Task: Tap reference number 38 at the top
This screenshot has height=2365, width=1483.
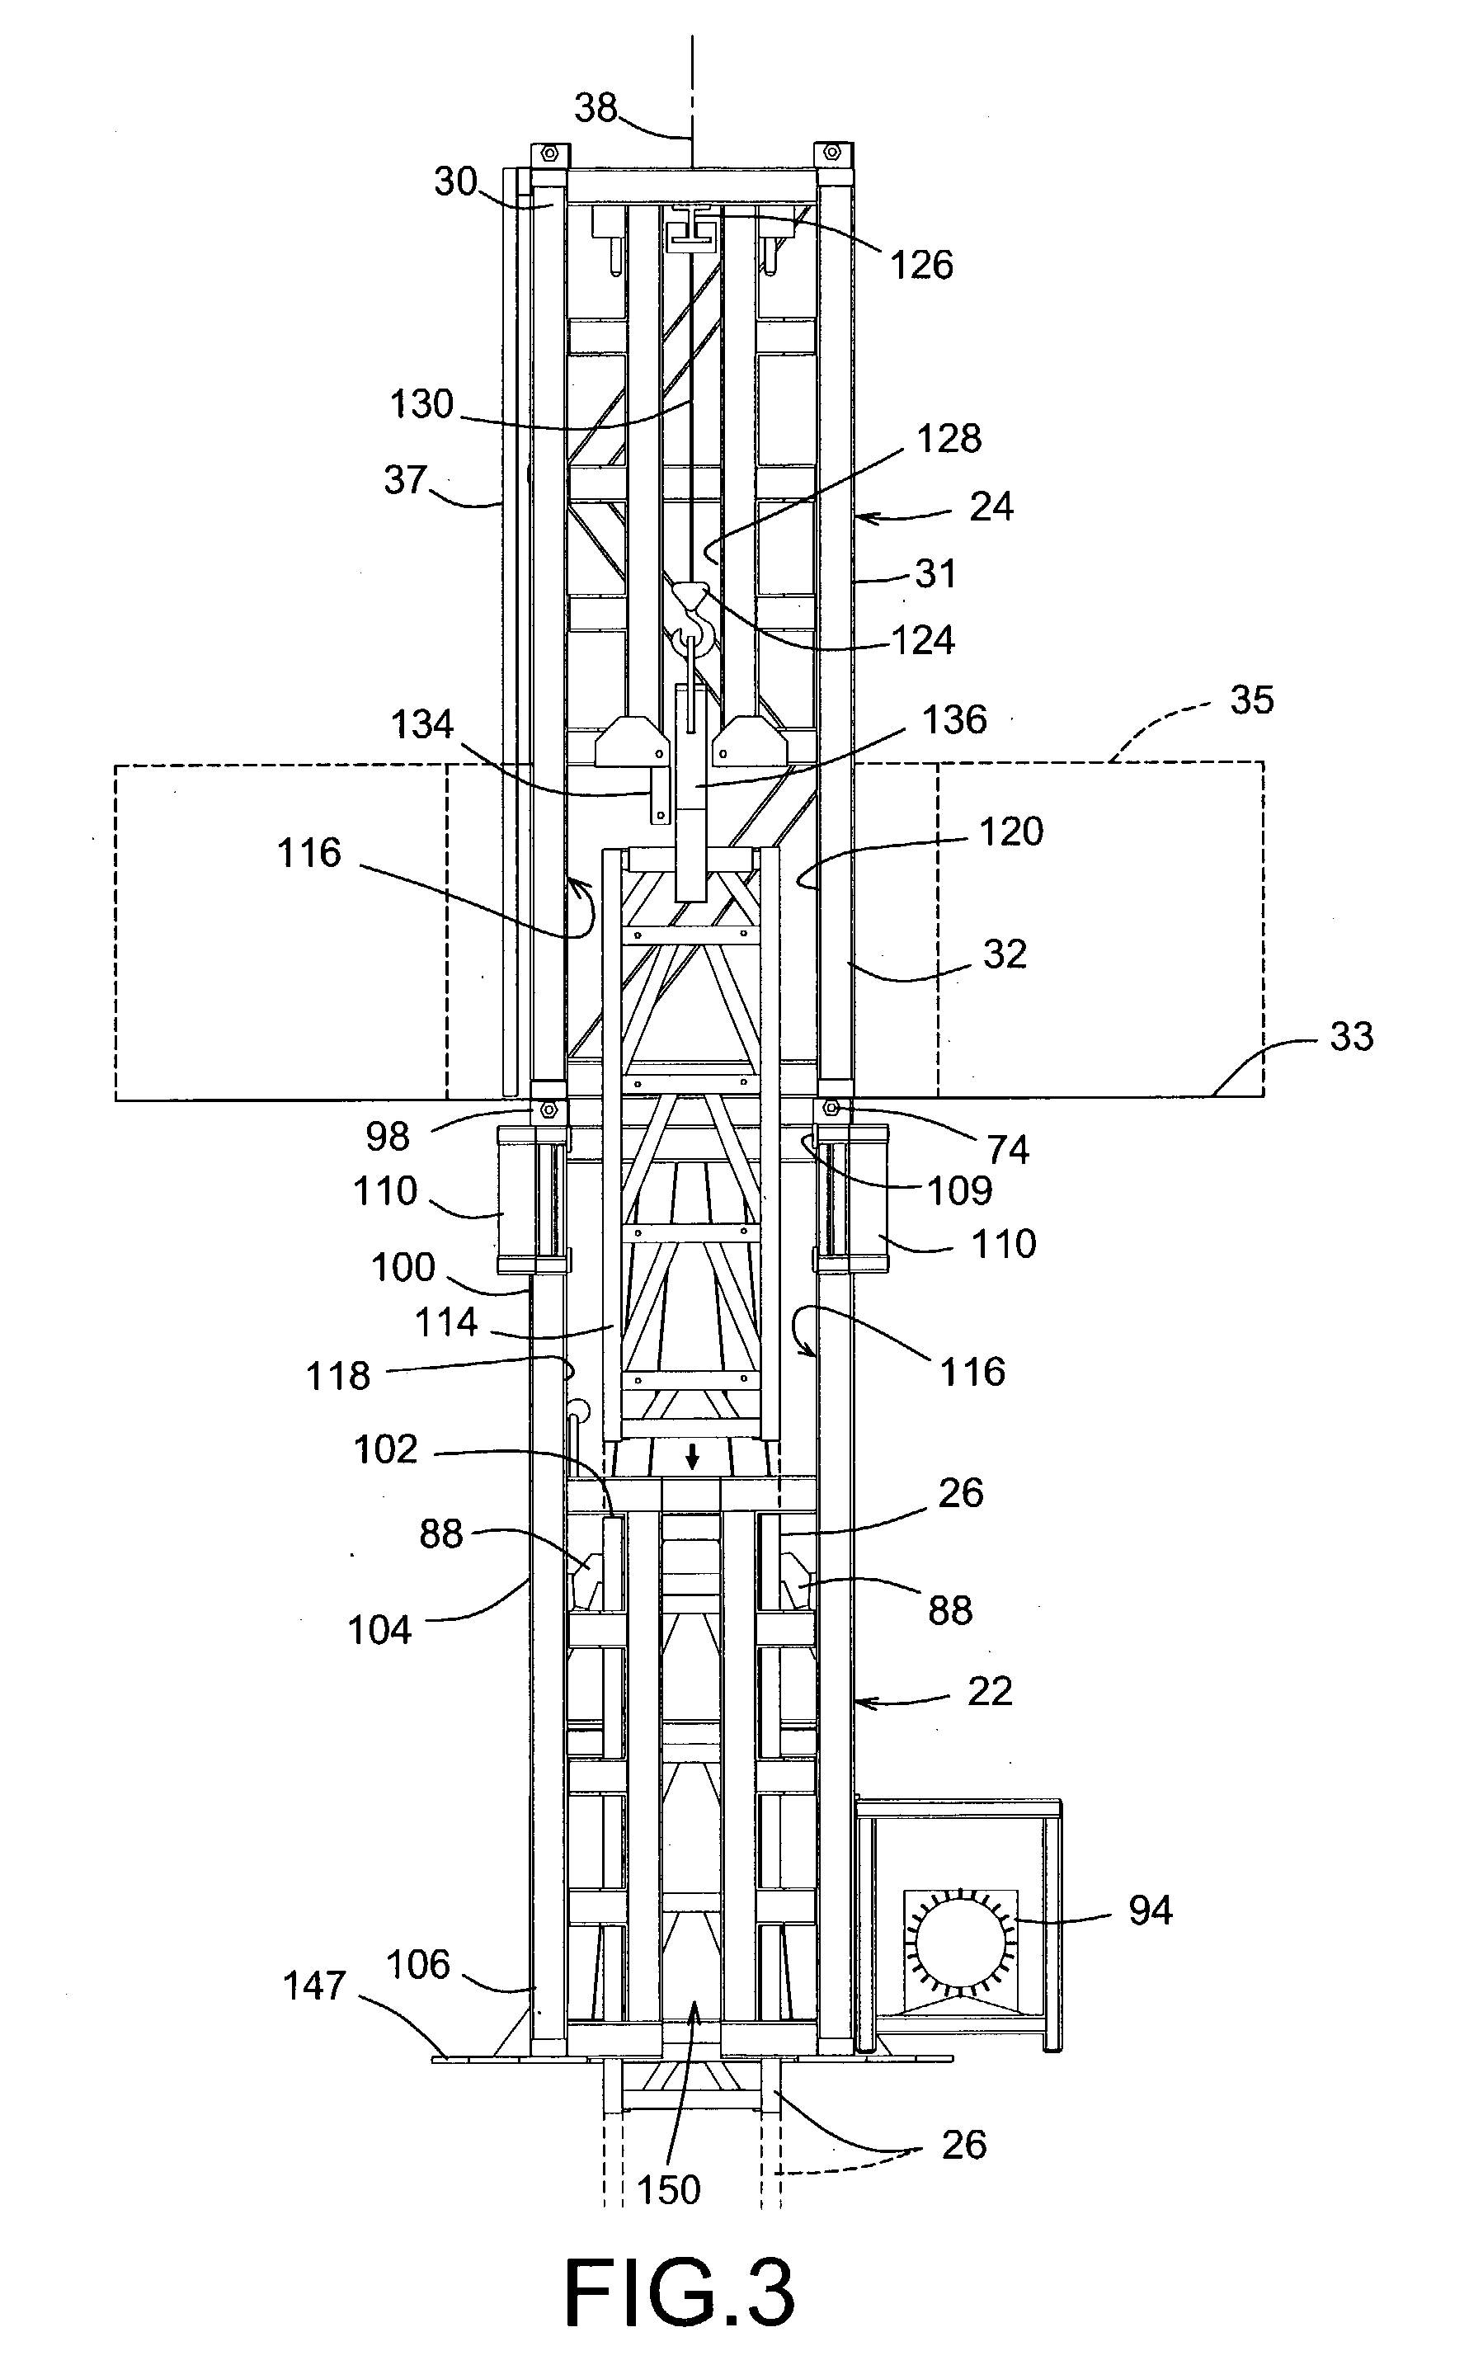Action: [596, 107]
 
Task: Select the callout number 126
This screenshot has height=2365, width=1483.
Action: [921, 265]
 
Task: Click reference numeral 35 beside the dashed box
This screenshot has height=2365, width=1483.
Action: [1251, 700]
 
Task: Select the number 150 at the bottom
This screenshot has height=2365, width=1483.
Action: [669, 2189]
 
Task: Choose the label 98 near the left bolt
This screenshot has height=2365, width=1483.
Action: [387, 1137]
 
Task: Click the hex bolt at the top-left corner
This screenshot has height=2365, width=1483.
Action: [548, 153]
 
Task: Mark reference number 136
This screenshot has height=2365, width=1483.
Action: [954, 720]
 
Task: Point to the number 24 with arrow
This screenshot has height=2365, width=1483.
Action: [991, 507]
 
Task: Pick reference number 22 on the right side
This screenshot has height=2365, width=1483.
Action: [989, 1691]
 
